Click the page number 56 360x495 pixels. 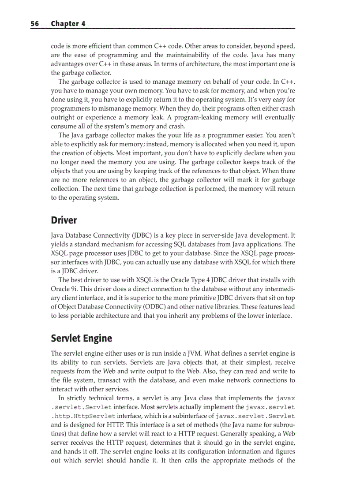[35, 24]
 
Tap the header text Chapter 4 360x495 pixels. [68, 24]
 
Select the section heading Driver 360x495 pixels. [64, 220]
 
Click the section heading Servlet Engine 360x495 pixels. [82, 339]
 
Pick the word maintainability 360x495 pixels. [191, 55]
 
